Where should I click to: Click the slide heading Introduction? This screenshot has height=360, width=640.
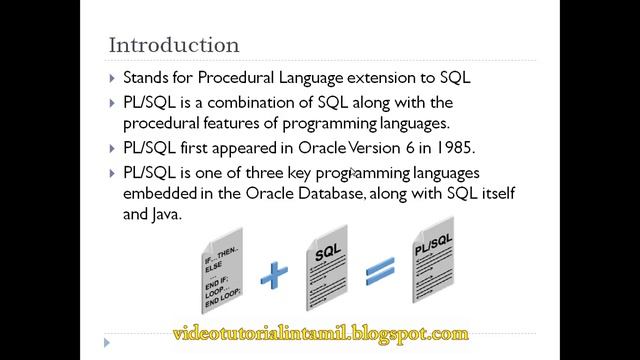coord(173,45)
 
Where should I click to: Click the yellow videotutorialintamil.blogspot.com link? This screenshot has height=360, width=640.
coord(320,333)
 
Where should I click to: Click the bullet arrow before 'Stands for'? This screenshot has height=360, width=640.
coord(112,78)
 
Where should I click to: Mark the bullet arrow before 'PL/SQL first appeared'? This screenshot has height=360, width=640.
coord(112,149)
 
